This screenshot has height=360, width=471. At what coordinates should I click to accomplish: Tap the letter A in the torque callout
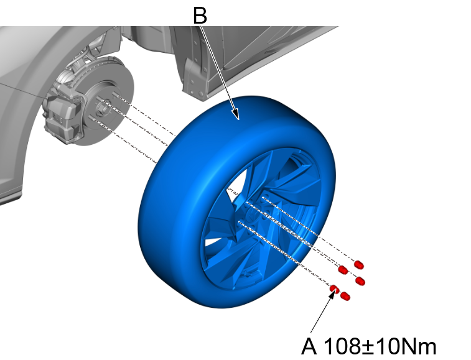point(309,346)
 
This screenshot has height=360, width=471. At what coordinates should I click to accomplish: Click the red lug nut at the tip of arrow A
point(334,287)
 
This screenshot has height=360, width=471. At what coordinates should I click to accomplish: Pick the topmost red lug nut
point(359,265)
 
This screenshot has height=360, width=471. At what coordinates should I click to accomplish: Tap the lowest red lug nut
point(347,297)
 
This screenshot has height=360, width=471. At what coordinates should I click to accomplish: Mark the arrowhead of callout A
point(330,293)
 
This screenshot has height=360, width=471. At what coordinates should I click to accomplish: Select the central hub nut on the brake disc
point(104,107)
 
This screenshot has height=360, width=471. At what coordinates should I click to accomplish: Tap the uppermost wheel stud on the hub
point(116,95)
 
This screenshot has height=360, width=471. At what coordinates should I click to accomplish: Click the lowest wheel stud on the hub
point(94,118)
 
